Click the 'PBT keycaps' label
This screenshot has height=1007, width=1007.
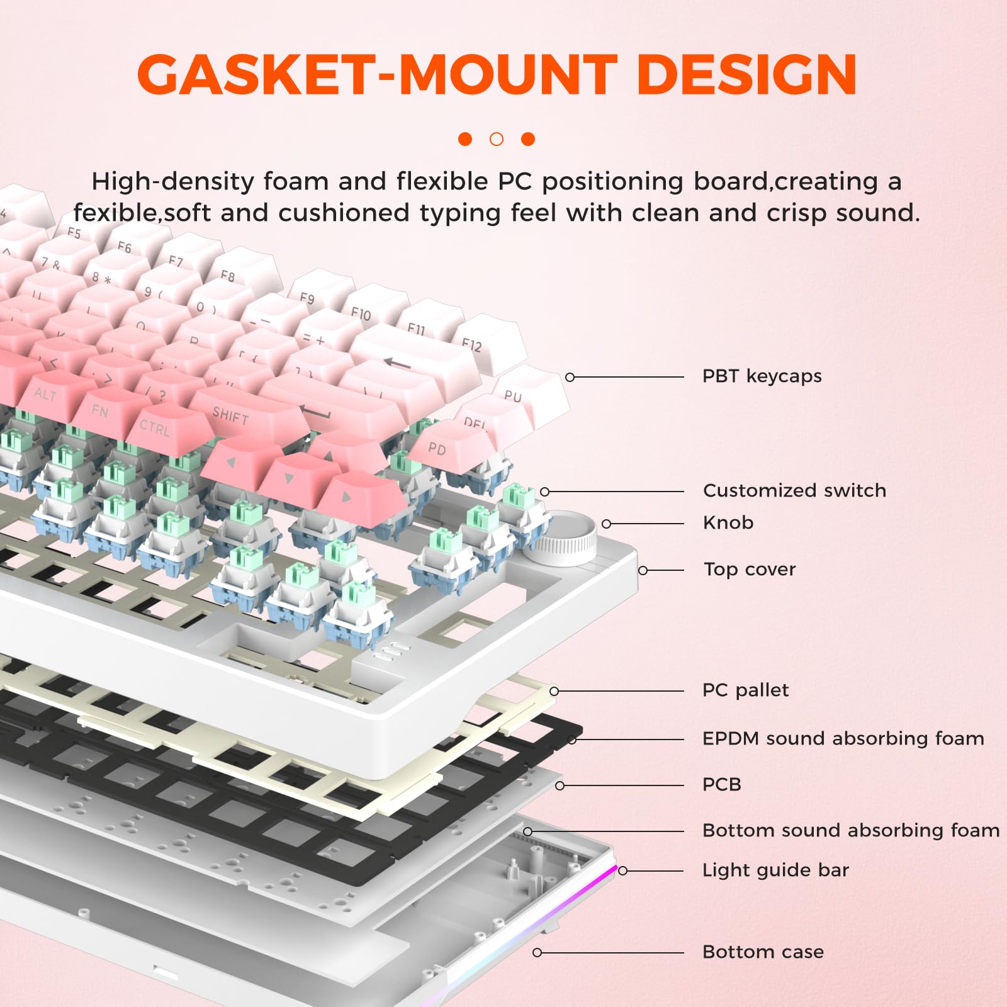pos(762,376)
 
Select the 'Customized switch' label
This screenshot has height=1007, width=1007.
pos(794,491)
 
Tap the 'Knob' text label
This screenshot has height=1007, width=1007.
pos(728,523)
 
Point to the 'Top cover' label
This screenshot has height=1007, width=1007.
pos(749,570)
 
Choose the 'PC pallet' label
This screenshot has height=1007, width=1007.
pos(745,690)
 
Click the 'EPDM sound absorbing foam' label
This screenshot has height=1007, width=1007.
pos(843,738)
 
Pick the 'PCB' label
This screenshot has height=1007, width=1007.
pos(721,785)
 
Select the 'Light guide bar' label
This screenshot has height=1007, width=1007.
pos(775,870)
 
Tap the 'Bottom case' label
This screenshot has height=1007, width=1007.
pos(763,952)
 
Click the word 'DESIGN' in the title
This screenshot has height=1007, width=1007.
pos(746,75)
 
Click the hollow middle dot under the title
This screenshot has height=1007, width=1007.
pos(497,139)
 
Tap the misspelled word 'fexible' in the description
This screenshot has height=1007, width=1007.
pos(114,213)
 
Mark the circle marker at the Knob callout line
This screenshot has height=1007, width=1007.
pos(607,524)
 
